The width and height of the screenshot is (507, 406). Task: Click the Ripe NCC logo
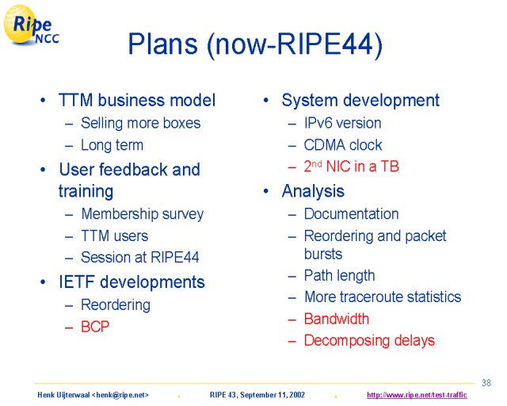(x=31, y=25)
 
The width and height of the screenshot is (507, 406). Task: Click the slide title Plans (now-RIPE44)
(x=255, y=44)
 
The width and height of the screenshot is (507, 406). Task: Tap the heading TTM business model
(x=137, y=100)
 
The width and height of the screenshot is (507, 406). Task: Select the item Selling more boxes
(x=141, y=123)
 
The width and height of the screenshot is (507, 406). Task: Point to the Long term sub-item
(x=112, y=145)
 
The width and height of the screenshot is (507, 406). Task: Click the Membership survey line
(x=143, y=214)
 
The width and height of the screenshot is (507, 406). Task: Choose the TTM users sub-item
(x=114, y=236)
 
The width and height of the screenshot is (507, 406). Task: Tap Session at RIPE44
(x=139, y=258)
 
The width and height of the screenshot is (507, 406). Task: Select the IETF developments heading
(x=132, y=282)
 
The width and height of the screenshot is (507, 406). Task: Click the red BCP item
(x=95, y=327)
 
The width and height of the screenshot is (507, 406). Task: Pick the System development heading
(x=360, y=100)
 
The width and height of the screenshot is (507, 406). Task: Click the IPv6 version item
(x=343, y=123)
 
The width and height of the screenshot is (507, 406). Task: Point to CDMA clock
(x=343, y=145)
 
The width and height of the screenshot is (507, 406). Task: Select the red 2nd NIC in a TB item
(x=352, y=167)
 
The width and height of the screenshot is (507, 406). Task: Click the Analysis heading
(x=313, y=191)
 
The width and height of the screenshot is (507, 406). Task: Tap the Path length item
(x=340, y=276)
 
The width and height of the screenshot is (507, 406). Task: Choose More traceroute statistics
(x=383, y=297)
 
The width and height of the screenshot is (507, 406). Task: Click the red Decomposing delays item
(x=369, y=341)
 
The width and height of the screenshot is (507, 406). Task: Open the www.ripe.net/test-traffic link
(x=417, y=395)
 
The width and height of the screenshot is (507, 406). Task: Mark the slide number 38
(x=486, y=383)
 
